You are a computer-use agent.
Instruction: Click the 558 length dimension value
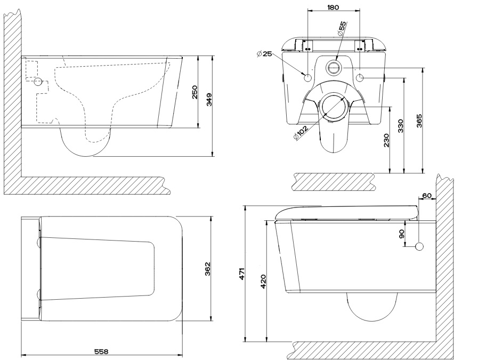tap(101, 351)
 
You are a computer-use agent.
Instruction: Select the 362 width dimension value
tap(208, 270)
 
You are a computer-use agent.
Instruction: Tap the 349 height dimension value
tap(209, 99)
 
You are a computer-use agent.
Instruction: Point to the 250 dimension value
tap(195, 92)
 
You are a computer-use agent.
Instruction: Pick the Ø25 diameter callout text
tap(264, 54)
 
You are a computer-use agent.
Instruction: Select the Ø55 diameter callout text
tap(342, 28)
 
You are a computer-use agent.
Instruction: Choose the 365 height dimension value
tap(419, 121)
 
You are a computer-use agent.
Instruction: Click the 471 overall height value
tap(241, 274)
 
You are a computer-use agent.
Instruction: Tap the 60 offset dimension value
tap(426, 196)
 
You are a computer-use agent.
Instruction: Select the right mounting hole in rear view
tap(360, 78)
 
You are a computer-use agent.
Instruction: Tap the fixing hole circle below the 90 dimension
tap(419, 246)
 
